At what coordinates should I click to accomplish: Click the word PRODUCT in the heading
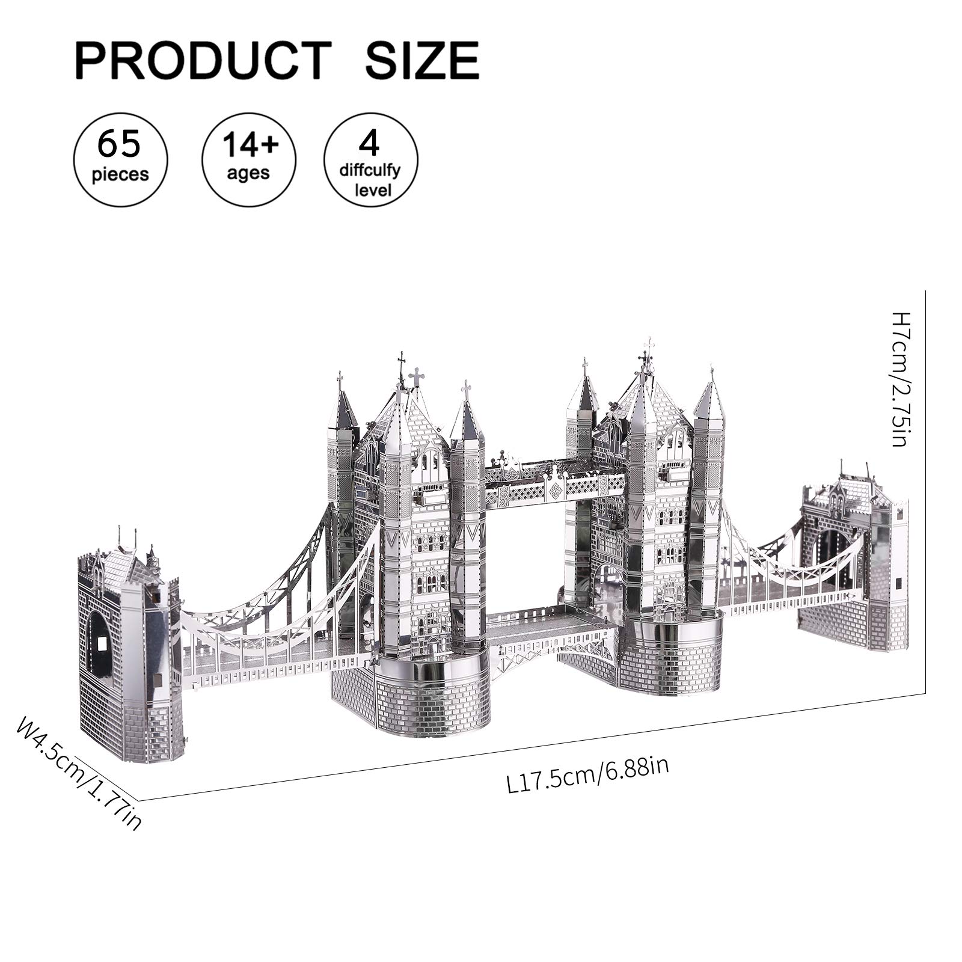pos(203,60)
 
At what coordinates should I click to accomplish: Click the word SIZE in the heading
pos(423,60)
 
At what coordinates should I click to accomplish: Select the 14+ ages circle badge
pos(249,160)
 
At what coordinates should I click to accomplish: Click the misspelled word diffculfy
pos(370,171)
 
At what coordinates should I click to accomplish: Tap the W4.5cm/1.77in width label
pos(79,774)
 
